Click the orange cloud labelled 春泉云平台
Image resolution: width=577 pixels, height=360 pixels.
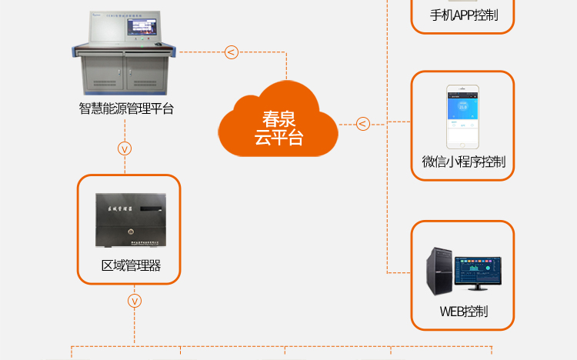point(279,122)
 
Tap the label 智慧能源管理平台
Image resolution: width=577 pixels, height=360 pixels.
point(127,108)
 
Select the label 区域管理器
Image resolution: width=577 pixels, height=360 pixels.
point(131,266)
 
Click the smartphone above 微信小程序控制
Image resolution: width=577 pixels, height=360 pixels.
point(463,118)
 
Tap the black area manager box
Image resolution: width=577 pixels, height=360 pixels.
point(130,221)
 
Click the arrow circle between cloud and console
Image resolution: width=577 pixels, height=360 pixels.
point(231,52)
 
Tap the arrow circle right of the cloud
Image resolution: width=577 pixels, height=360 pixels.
point(363,123)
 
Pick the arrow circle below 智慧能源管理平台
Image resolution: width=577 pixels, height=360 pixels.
point(125,148)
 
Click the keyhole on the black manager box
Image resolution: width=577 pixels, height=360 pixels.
point(131,230)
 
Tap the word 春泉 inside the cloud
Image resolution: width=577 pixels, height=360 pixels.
point(279,119)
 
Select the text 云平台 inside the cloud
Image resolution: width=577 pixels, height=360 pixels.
point(279,138)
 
